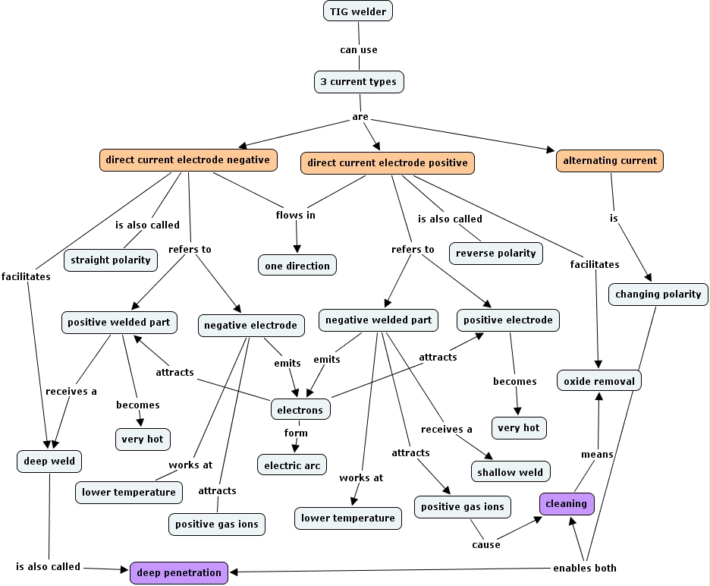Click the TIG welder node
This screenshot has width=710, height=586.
point(358,11)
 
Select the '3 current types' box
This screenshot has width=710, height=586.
point(360,82)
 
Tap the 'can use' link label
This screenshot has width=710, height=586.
point(359,50)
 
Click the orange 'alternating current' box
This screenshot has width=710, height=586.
point(610,161)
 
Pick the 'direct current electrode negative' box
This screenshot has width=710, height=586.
point(187,160)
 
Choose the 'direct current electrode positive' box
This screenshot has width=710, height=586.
point(388,162)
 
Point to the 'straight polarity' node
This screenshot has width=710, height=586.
point(111,260)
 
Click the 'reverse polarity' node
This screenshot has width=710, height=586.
point(496,254)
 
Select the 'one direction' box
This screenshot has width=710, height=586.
point(297,266)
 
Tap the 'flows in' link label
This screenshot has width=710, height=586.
point(295,216)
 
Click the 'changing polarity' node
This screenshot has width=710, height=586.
point(658,295)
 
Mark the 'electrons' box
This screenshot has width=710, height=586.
point(300,410)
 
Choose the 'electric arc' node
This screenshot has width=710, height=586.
point(292,465)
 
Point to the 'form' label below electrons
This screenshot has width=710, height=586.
point(296,433)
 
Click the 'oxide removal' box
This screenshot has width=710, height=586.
point(599,381)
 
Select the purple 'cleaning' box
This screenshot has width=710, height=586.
point(567,504)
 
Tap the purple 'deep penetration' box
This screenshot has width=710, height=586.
point(180,573)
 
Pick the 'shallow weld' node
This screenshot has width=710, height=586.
point(511,472)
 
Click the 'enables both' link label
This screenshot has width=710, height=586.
point(585,568)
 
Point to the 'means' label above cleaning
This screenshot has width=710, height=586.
point(597,455)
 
